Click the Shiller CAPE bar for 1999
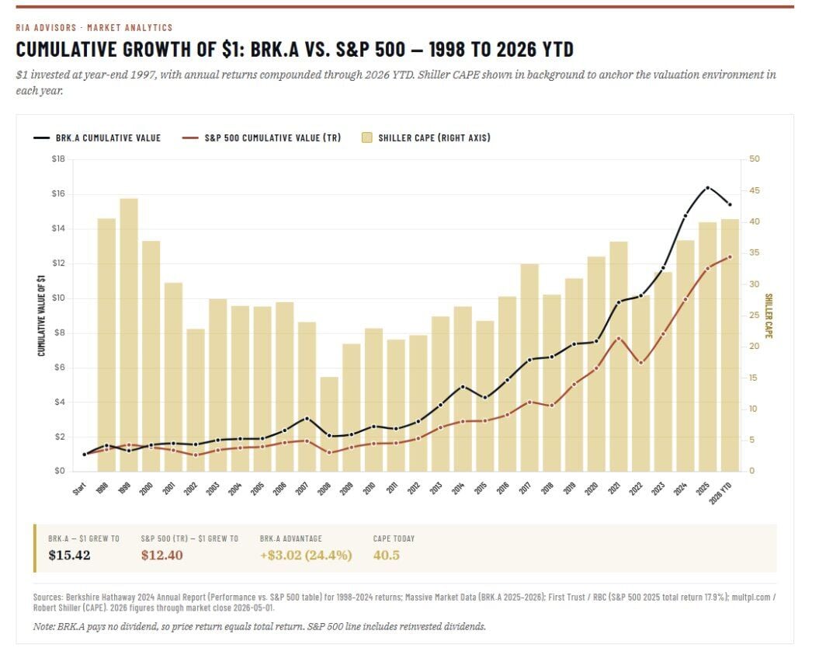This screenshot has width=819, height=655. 129,335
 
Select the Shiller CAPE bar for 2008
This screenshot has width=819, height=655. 329,424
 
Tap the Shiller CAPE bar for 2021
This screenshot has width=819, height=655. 619,356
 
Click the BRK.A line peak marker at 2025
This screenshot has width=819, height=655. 708,188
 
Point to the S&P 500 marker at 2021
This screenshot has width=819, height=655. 619,338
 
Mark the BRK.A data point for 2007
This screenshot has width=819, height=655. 307,418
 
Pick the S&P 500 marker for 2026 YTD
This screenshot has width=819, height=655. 731,256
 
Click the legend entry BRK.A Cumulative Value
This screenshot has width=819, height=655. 97,138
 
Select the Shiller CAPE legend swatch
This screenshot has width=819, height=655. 366,138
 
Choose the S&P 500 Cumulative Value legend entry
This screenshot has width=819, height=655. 261,138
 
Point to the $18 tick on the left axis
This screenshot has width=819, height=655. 58,159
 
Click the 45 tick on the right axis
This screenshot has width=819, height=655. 755,190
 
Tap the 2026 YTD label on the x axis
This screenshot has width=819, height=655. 720,493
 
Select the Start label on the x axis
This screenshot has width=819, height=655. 79,490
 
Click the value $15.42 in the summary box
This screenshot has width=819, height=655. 69,555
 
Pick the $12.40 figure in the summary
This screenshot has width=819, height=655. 162,555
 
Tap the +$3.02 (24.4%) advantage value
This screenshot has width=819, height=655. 306,555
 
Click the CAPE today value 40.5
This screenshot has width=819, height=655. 387,555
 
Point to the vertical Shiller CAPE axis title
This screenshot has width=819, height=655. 769,315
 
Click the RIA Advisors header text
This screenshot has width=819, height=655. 46,27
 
